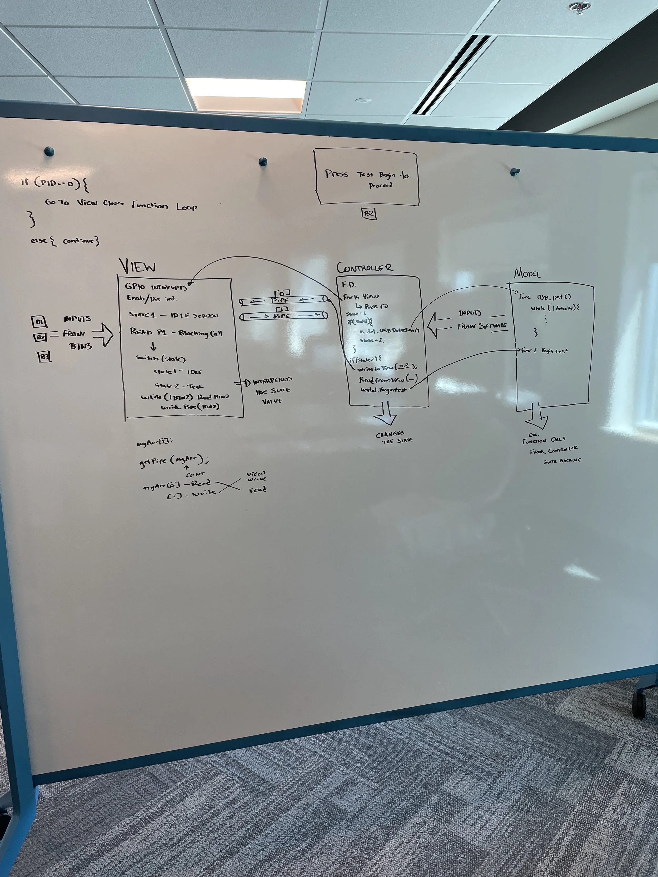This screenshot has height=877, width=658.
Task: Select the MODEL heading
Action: point(527,274)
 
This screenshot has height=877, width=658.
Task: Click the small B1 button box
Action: point(39,322)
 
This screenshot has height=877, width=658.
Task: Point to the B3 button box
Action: point(44,357)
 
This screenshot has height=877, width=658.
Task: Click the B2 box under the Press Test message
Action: point(368,214)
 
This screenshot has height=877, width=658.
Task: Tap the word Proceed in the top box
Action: point(380,185)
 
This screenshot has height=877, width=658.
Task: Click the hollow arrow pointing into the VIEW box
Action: point(103,335)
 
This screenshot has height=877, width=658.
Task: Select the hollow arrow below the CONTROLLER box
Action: point(385,414)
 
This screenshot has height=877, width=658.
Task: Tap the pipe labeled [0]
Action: point(283,300)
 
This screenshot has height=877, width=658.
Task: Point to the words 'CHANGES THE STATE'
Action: point(394,437)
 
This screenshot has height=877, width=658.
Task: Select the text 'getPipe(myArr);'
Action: point(173,461)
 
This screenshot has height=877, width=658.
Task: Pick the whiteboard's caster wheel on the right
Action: point(638,704)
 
